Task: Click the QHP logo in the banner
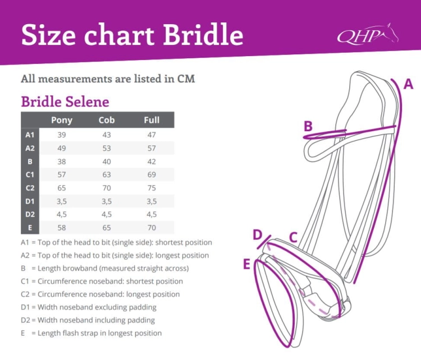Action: [368, 34]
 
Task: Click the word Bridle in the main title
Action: [203, 34]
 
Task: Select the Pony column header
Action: [62, 120]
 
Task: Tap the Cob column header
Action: [107, 120]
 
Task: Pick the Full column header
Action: [152, 120]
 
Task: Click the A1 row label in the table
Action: [30, 135]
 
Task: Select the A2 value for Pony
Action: [62, 149]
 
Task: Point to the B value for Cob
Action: [107, 161]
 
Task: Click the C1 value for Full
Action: [152, 174]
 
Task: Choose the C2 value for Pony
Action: [62, 188]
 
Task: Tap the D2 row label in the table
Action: [30, 214]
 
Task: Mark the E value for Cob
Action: [107, 228]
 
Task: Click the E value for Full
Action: [152, 228]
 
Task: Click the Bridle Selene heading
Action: [65, 101]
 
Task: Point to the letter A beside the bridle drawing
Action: [409, 84]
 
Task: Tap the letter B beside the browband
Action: [308, 126]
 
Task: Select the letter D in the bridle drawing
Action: [257, 235]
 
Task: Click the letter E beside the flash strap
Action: [246, 264]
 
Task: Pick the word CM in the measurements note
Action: [186, 79]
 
